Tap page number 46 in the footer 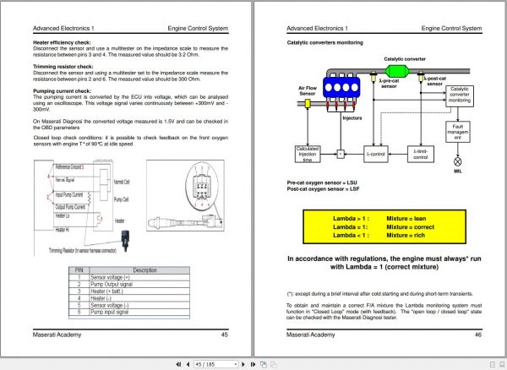pyautogui.click(x=477, y=335)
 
